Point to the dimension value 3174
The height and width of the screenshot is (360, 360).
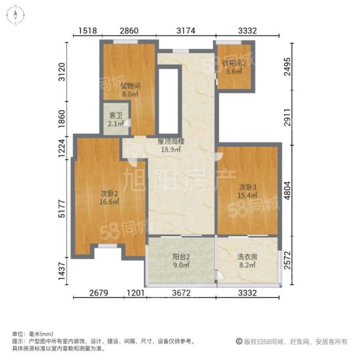186,31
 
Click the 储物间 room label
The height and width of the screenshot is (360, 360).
128,86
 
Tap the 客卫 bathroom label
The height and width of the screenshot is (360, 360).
116,118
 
